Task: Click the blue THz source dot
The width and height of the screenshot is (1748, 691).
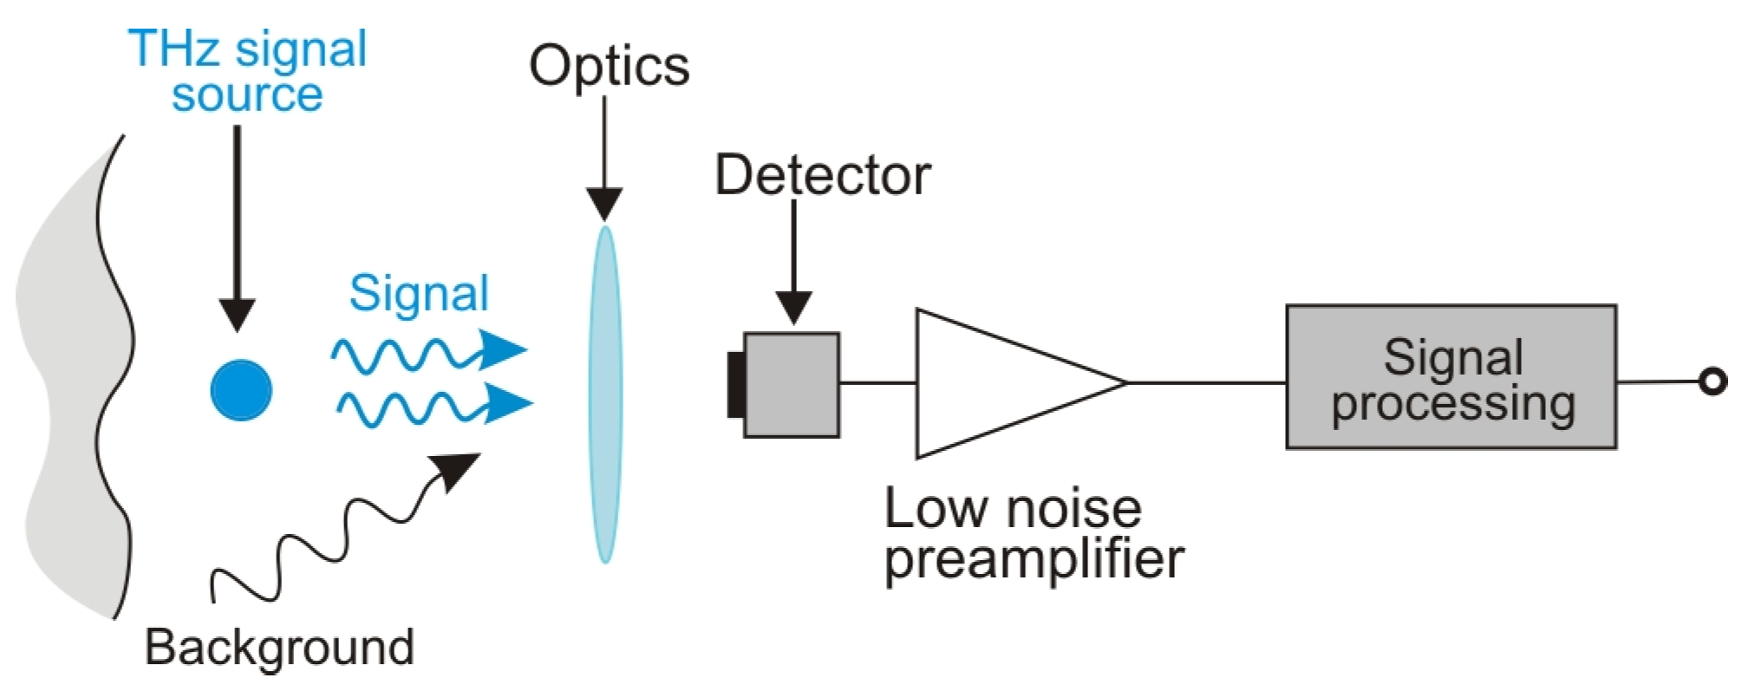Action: pos(241,390)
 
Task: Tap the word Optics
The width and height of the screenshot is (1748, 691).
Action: pos(609,66)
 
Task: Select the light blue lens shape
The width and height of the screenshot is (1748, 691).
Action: pos(605,394)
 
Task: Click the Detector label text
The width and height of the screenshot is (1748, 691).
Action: pos(822,175)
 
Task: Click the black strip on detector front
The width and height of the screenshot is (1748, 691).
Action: pos(736,385)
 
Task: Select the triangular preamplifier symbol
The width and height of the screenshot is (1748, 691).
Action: pos(997,382)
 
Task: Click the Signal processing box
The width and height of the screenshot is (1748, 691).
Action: pos(1451,377)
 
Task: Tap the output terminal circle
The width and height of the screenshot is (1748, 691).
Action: pos(1712,381)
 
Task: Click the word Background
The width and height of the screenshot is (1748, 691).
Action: pos(279,647)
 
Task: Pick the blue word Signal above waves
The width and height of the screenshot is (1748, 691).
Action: pos(419,293)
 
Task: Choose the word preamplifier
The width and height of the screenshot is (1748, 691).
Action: pos(1034,559)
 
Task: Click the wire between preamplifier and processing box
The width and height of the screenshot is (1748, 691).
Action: pos(1205,382)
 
